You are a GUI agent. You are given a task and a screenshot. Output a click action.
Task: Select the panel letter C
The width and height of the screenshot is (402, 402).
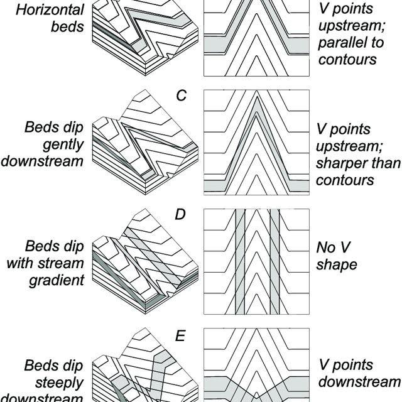coord(183,95)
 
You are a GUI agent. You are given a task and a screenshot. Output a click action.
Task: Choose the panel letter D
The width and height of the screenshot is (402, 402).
coord(180,215)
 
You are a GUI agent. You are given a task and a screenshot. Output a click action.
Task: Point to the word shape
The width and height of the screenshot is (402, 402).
coord(337,264)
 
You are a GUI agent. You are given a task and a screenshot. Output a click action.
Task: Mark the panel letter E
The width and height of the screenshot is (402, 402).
coord(180,336)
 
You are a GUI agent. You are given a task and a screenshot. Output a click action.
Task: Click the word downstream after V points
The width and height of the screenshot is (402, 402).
coord(359,381)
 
